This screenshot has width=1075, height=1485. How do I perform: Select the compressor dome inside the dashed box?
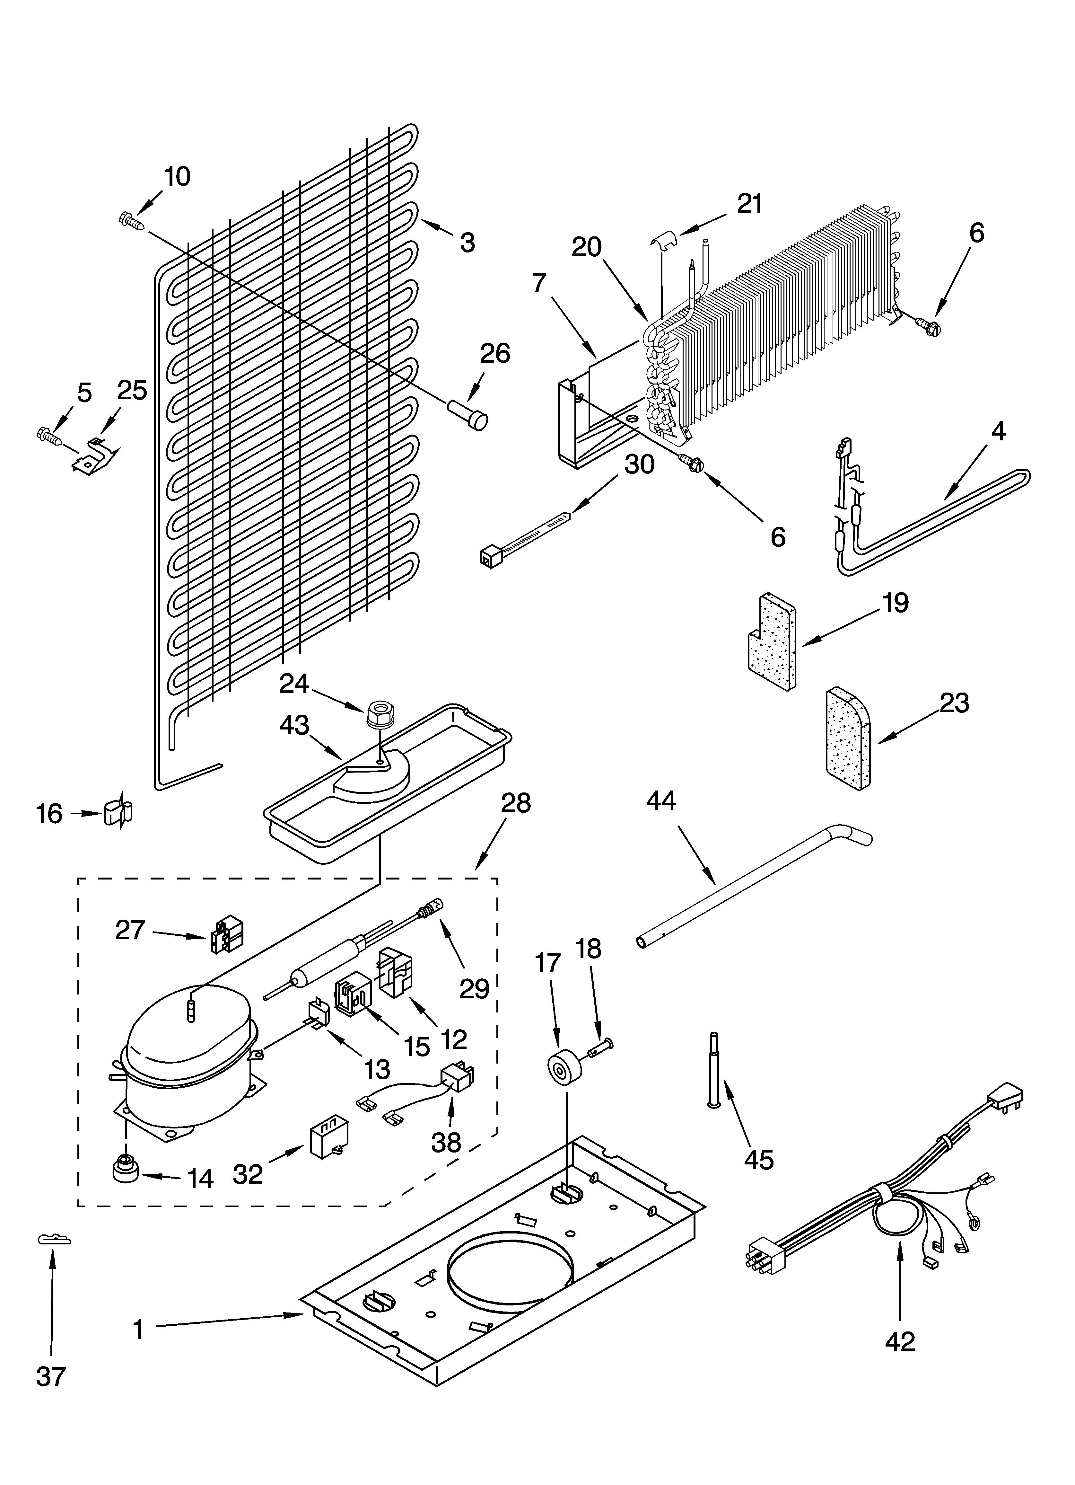click(x=188, y=1038)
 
